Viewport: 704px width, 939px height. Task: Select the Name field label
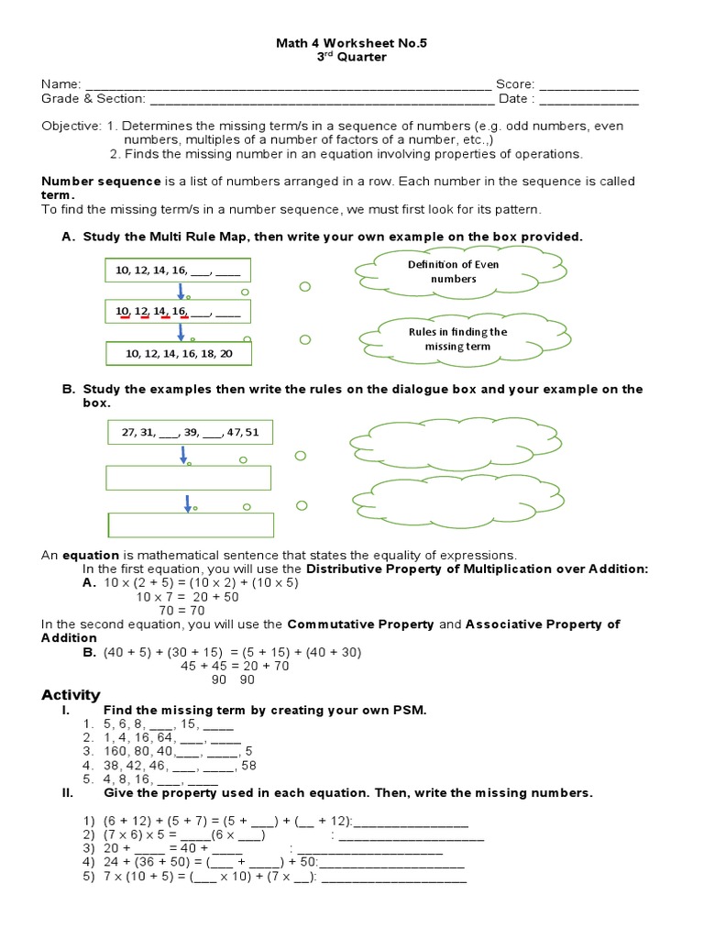pos(60,84)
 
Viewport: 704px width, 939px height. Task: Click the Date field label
pos(513,99)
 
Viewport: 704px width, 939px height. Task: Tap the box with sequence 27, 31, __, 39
pos(190,431)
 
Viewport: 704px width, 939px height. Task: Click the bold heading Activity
pos(71,694)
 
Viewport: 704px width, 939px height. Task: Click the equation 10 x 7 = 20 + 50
pos(188,596)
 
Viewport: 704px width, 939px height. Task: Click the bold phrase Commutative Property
pos(360,624)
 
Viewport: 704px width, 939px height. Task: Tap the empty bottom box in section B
pos(190,524)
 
